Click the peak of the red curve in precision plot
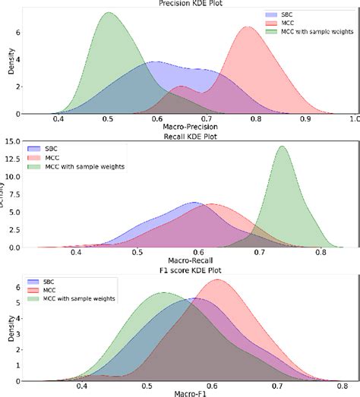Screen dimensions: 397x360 (x=248, y=27)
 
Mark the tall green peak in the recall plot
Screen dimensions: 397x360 (x=283, y=147)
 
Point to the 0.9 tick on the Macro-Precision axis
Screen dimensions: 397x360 (x=305, y=119)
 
